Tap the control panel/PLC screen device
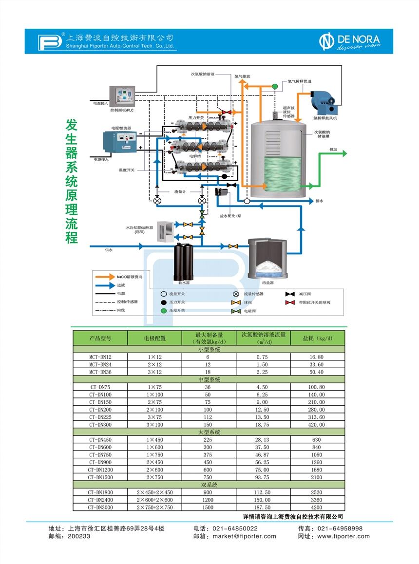coord(122,95)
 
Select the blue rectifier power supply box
coord(122,141)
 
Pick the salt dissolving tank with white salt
coord(267,259)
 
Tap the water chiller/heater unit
coord(164,231)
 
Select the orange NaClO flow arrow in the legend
coord(104,277)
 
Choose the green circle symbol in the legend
coord(164,311)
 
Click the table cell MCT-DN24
coord(100,364)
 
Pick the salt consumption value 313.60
coord(317,417)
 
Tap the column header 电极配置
coord(154,338)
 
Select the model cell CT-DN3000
coord(100,507)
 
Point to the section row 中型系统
coord(209,379)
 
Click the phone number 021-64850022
coord(232,528)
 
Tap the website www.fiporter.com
coord(343,536)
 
